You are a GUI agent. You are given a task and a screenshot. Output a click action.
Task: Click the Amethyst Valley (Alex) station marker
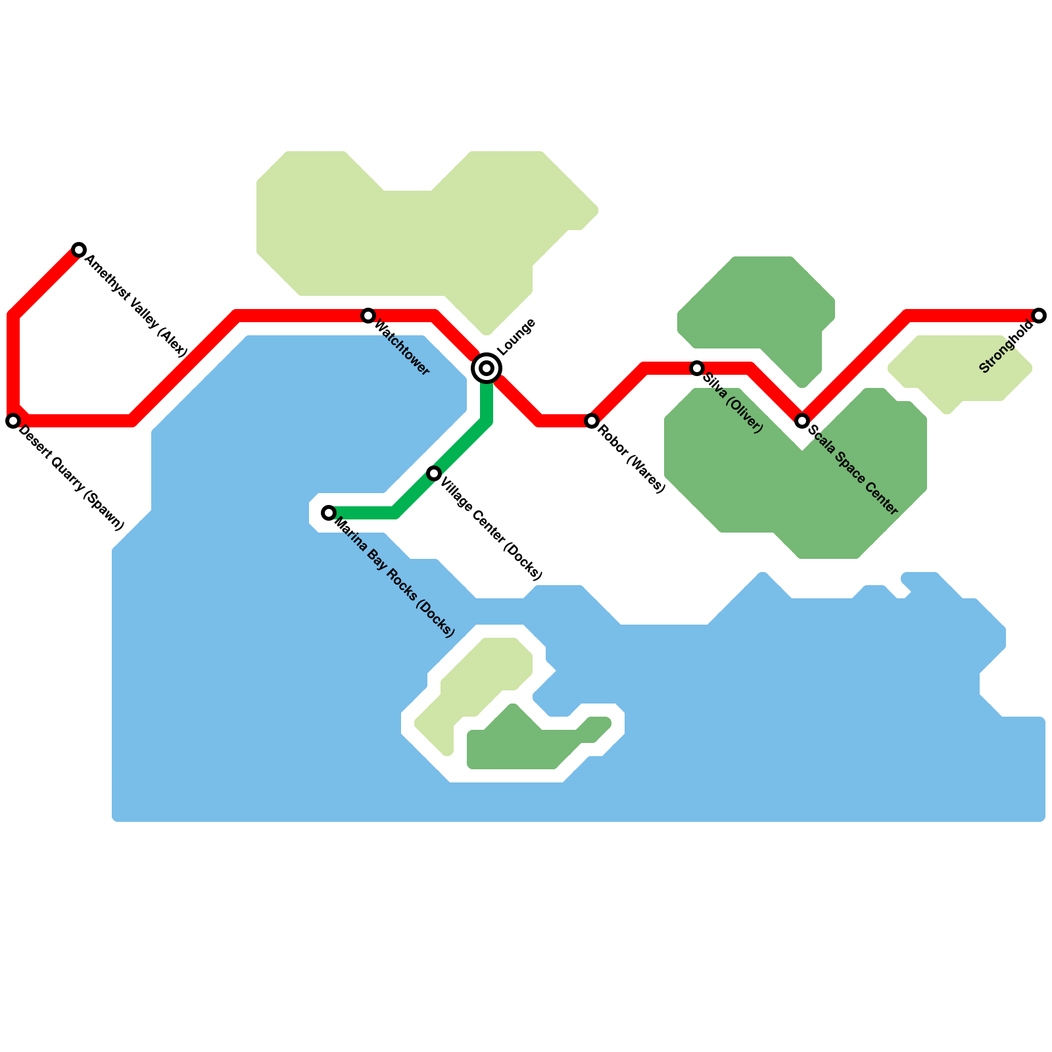[x=79, y=250]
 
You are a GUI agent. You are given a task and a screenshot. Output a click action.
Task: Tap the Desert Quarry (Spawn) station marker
[x=13, y=421]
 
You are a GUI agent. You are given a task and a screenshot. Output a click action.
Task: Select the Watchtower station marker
[x=368, y=316]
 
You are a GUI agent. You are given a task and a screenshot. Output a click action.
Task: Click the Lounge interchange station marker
[x=487, y=368]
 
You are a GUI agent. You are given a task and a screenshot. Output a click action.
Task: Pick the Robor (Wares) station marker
[x=592, y=421]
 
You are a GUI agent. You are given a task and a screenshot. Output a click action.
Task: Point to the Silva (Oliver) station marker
[x=697, y=368]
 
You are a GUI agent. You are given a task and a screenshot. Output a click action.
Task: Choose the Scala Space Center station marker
[x=802, y=421]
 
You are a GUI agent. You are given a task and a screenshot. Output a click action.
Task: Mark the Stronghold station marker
[x=1039, y=316]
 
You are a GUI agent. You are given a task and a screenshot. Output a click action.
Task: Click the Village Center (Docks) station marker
[x=434, y=473]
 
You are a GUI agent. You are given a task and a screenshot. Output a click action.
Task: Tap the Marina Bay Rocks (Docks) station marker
[x=329, y=513]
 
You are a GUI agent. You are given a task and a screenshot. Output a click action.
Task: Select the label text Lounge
[x=516, y=336]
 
